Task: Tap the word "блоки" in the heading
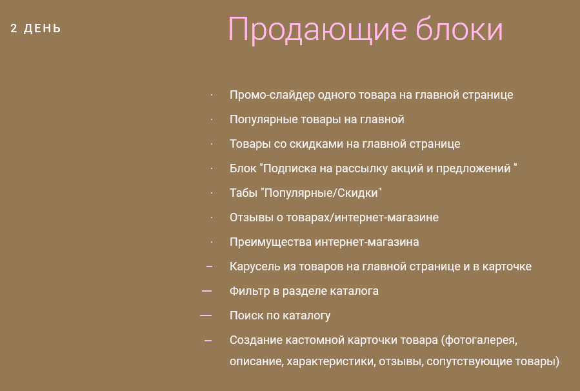tap(460, 28)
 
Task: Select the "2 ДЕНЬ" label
tap(35, 28)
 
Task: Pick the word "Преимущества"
tap(270, 242)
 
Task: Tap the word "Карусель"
tap(255, 266)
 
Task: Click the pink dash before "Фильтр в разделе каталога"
tap(206, 291)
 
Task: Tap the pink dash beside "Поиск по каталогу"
tap(206, 316)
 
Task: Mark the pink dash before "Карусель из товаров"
tap(210, 266)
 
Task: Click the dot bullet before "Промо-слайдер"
tap(212, 95)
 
